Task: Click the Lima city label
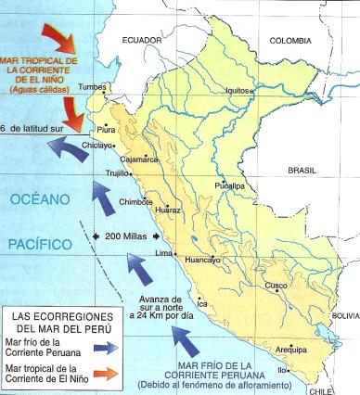(163, 253)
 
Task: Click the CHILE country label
(335, 390)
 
